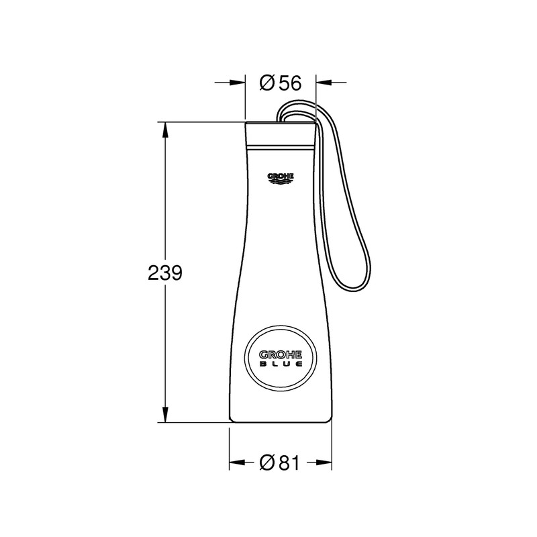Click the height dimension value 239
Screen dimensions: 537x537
[x=164, y=273]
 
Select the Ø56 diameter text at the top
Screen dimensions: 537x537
[x=280, y=83]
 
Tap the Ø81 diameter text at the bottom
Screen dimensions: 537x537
[x=280, y=462]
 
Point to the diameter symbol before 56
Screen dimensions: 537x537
[x=266, y=83]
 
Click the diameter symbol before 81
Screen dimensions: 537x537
[x=266, y=462]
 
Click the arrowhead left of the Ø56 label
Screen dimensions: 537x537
[x=240, y=83]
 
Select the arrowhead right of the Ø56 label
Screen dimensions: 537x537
[x=321, y=83]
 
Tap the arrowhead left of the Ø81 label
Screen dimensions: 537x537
[x=234, y=462]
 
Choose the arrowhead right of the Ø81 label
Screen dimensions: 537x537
[x=326, y=462]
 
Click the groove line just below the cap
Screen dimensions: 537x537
[x=280, y=144]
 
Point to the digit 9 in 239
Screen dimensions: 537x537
[x=176, y=273]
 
